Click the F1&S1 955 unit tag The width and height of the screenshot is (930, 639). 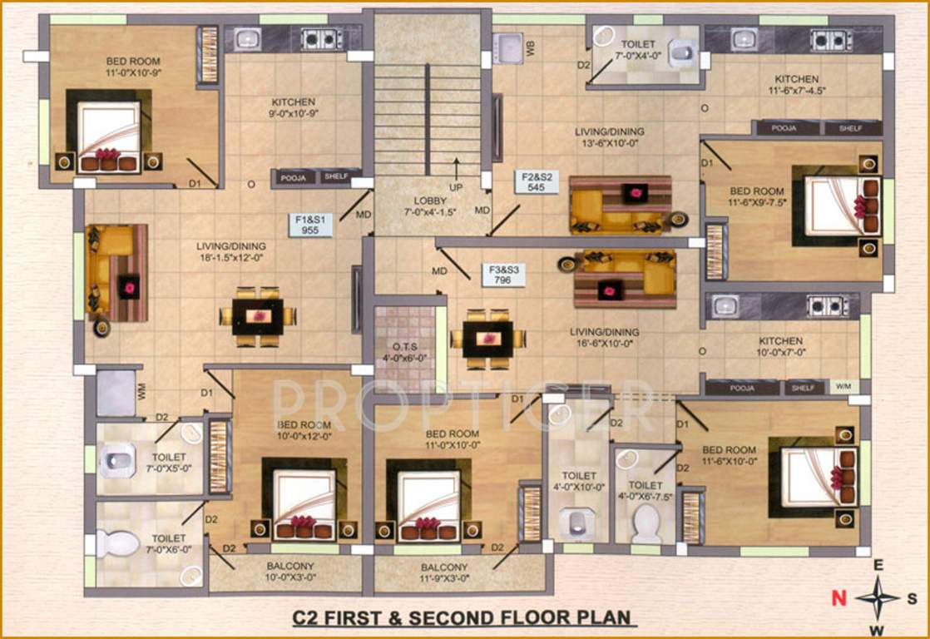pyautogui.click(x=310, y=225)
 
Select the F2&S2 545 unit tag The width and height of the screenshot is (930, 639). pyautogui.click(x=536, y=182)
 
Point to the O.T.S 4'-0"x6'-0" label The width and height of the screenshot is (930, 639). pyautogui.click(x=403, y=352)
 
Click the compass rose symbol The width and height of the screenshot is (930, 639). pyautogui.click(x=877, y=597)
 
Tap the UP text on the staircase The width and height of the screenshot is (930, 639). pyautogui.click(x=456, y=187)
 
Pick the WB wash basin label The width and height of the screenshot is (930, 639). pyautogui.click(x=530, y=47)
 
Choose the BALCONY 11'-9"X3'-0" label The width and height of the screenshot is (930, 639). pyautogui.click(x=450, y=572)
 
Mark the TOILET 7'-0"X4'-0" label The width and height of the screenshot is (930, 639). pyautogui.click(x=636, y=49)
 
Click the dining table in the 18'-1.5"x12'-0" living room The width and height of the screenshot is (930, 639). pyautogui.click(x=258, y=316)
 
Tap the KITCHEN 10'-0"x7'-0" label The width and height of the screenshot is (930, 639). pyautogui.click(x=780, y=347)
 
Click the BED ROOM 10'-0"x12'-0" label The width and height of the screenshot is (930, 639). pyautogui.click(x=304, y=429)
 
